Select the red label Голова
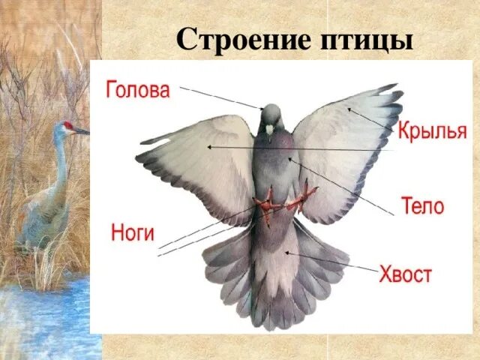coord(137,91)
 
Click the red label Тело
coord(422,205)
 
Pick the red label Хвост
coord(404,274)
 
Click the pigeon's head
coord(271,115)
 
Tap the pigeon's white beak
coord(269,130)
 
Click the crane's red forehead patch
coord(68,125)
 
